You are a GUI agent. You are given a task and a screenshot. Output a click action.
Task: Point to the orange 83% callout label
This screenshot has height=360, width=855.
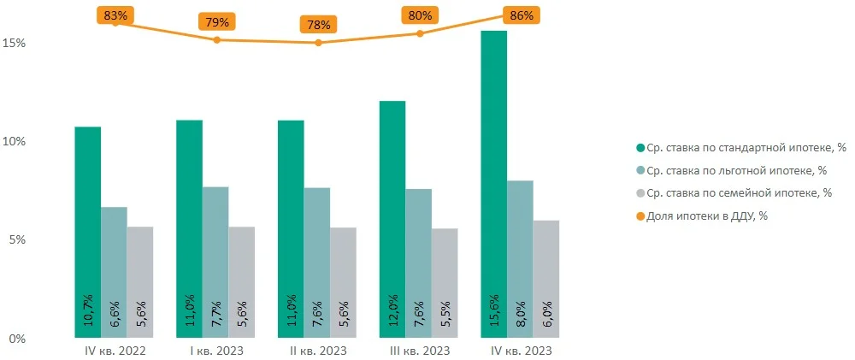115,15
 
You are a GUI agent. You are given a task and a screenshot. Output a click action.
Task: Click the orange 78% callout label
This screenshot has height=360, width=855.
318,24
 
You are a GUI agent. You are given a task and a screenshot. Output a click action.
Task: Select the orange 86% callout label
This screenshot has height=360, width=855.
521,15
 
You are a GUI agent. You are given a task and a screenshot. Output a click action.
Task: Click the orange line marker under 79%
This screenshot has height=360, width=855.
216,39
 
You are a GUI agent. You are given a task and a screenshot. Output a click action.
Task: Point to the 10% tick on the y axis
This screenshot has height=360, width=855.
17,141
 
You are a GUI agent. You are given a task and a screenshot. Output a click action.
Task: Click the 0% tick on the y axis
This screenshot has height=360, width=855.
17,339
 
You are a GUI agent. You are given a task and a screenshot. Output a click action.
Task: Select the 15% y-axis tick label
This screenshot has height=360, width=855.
17,43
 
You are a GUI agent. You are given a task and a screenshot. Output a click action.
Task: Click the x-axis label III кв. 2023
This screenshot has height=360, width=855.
419,351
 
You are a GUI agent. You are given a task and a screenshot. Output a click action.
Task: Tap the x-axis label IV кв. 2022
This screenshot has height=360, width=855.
115,351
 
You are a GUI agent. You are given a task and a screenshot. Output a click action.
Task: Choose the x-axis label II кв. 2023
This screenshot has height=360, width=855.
318,351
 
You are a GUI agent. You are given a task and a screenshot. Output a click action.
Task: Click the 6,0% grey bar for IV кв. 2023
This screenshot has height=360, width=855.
545,279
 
